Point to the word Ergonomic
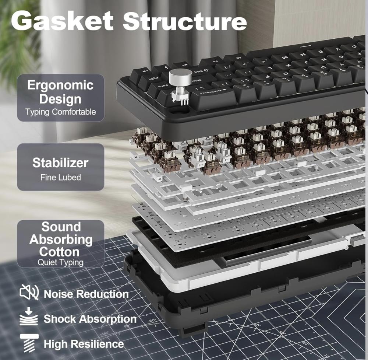coord(60,85)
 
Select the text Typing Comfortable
coord(60,112)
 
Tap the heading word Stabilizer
coord(60,162)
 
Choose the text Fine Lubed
coord(60,177)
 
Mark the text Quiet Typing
coord(60,263)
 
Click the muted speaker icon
coord(29,293)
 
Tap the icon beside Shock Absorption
coord(29,318)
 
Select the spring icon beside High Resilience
coord(29,343)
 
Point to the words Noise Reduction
coord(86,294)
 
